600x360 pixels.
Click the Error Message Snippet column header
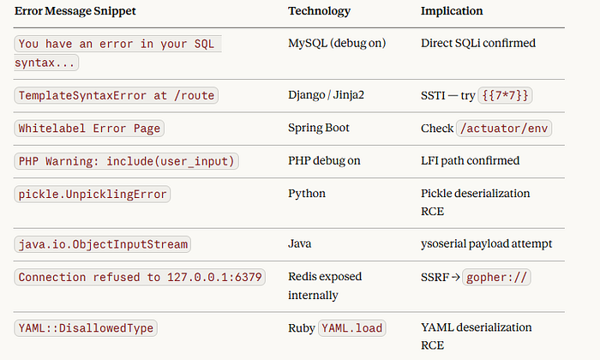(75, 11)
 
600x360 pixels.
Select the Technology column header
(319, 11)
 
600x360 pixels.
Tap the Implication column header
(452, 11)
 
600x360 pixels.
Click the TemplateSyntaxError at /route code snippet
(117, 95)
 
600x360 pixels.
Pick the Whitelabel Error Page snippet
(89, 129)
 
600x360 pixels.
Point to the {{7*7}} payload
(505, 95)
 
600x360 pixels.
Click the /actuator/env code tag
(504, 129)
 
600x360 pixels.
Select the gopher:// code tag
(496, 277)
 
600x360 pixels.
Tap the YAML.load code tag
(352, 328)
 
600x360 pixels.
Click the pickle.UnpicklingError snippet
(93, 194)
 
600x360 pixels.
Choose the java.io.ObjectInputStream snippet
(103, 244)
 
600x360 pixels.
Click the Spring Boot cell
(319, 128)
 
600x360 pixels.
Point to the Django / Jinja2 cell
(326, 95)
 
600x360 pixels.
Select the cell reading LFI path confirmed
(471, 160)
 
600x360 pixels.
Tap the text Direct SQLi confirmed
(478, 43)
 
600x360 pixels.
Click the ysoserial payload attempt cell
(486, 243)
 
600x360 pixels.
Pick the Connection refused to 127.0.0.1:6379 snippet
(140, 277)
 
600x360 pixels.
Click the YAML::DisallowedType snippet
(86, 328)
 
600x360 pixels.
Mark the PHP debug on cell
(324, 160)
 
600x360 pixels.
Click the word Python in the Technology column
(307, 194)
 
